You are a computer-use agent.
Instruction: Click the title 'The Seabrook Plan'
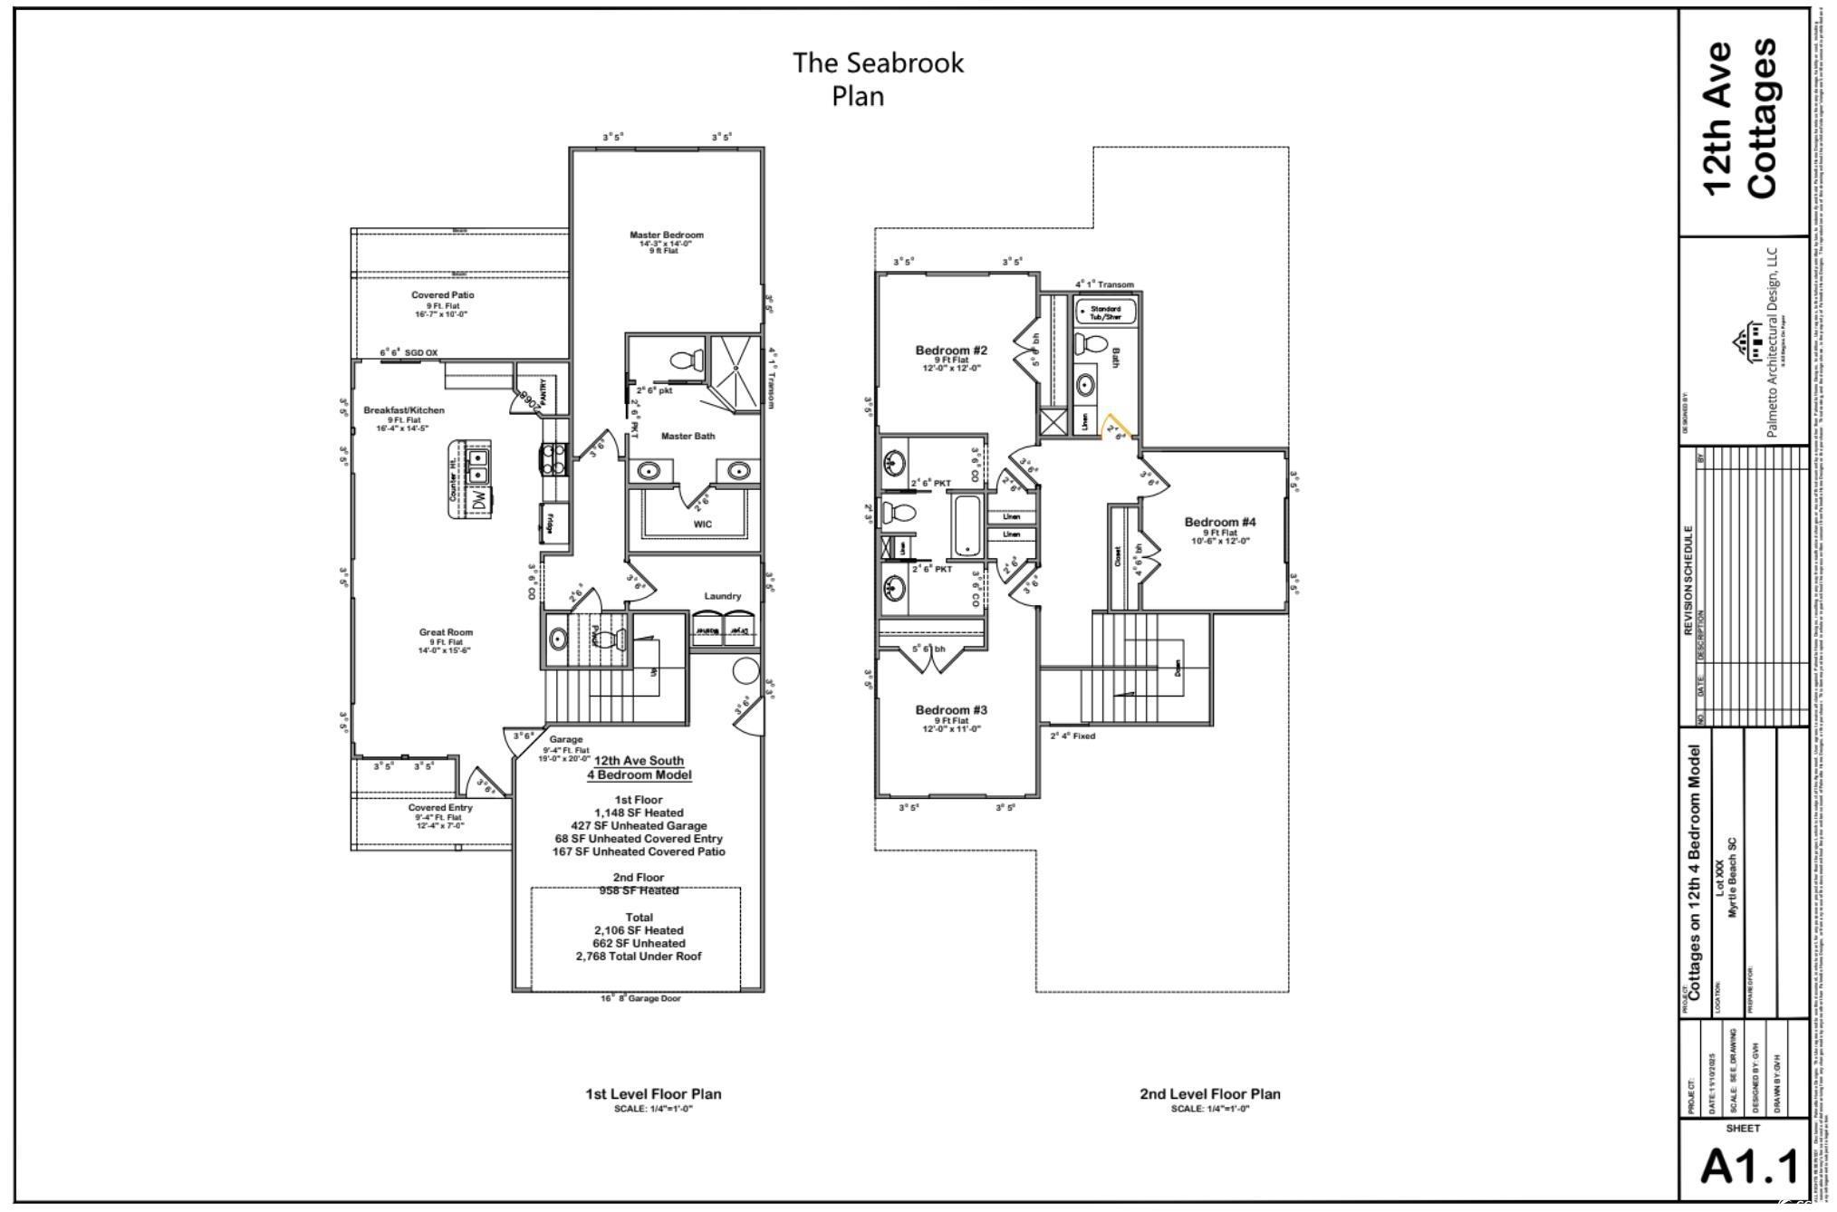(x=877, y=79)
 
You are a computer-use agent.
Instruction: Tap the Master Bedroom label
(x=666, y=236)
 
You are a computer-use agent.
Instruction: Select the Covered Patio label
(x=442, y=295)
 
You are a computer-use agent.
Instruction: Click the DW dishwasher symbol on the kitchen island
(x=480, y=499)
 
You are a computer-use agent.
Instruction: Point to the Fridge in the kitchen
(x=551, y=524)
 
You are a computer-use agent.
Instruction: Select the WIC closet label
(x=702, y=524)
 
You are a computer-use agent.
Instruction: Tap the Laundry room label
(x=722, y=596)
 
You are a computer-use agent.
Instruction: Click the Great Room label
(x=446, y=632)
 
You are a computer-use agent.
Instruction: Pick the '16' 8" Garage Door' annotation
(x=640, y=998)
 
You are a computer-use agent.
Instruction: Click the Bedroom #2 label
(x=950, y=351)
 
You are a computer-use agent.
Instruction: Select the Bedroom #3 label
(x=950, y=710)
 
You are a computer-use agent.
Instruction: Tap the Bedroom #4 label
(x=1219, y=522)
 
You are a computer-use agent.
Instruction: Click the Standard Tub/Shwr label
(x=1104, y=313)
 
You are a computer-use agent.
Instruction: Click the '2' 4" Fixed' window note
(x=1072, y=736)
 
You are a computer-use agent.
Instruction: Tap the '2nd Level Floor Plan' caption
(x=1209, y=1094)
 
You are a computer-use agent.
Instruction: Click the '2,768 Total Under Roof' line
(x=638, y=957)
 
